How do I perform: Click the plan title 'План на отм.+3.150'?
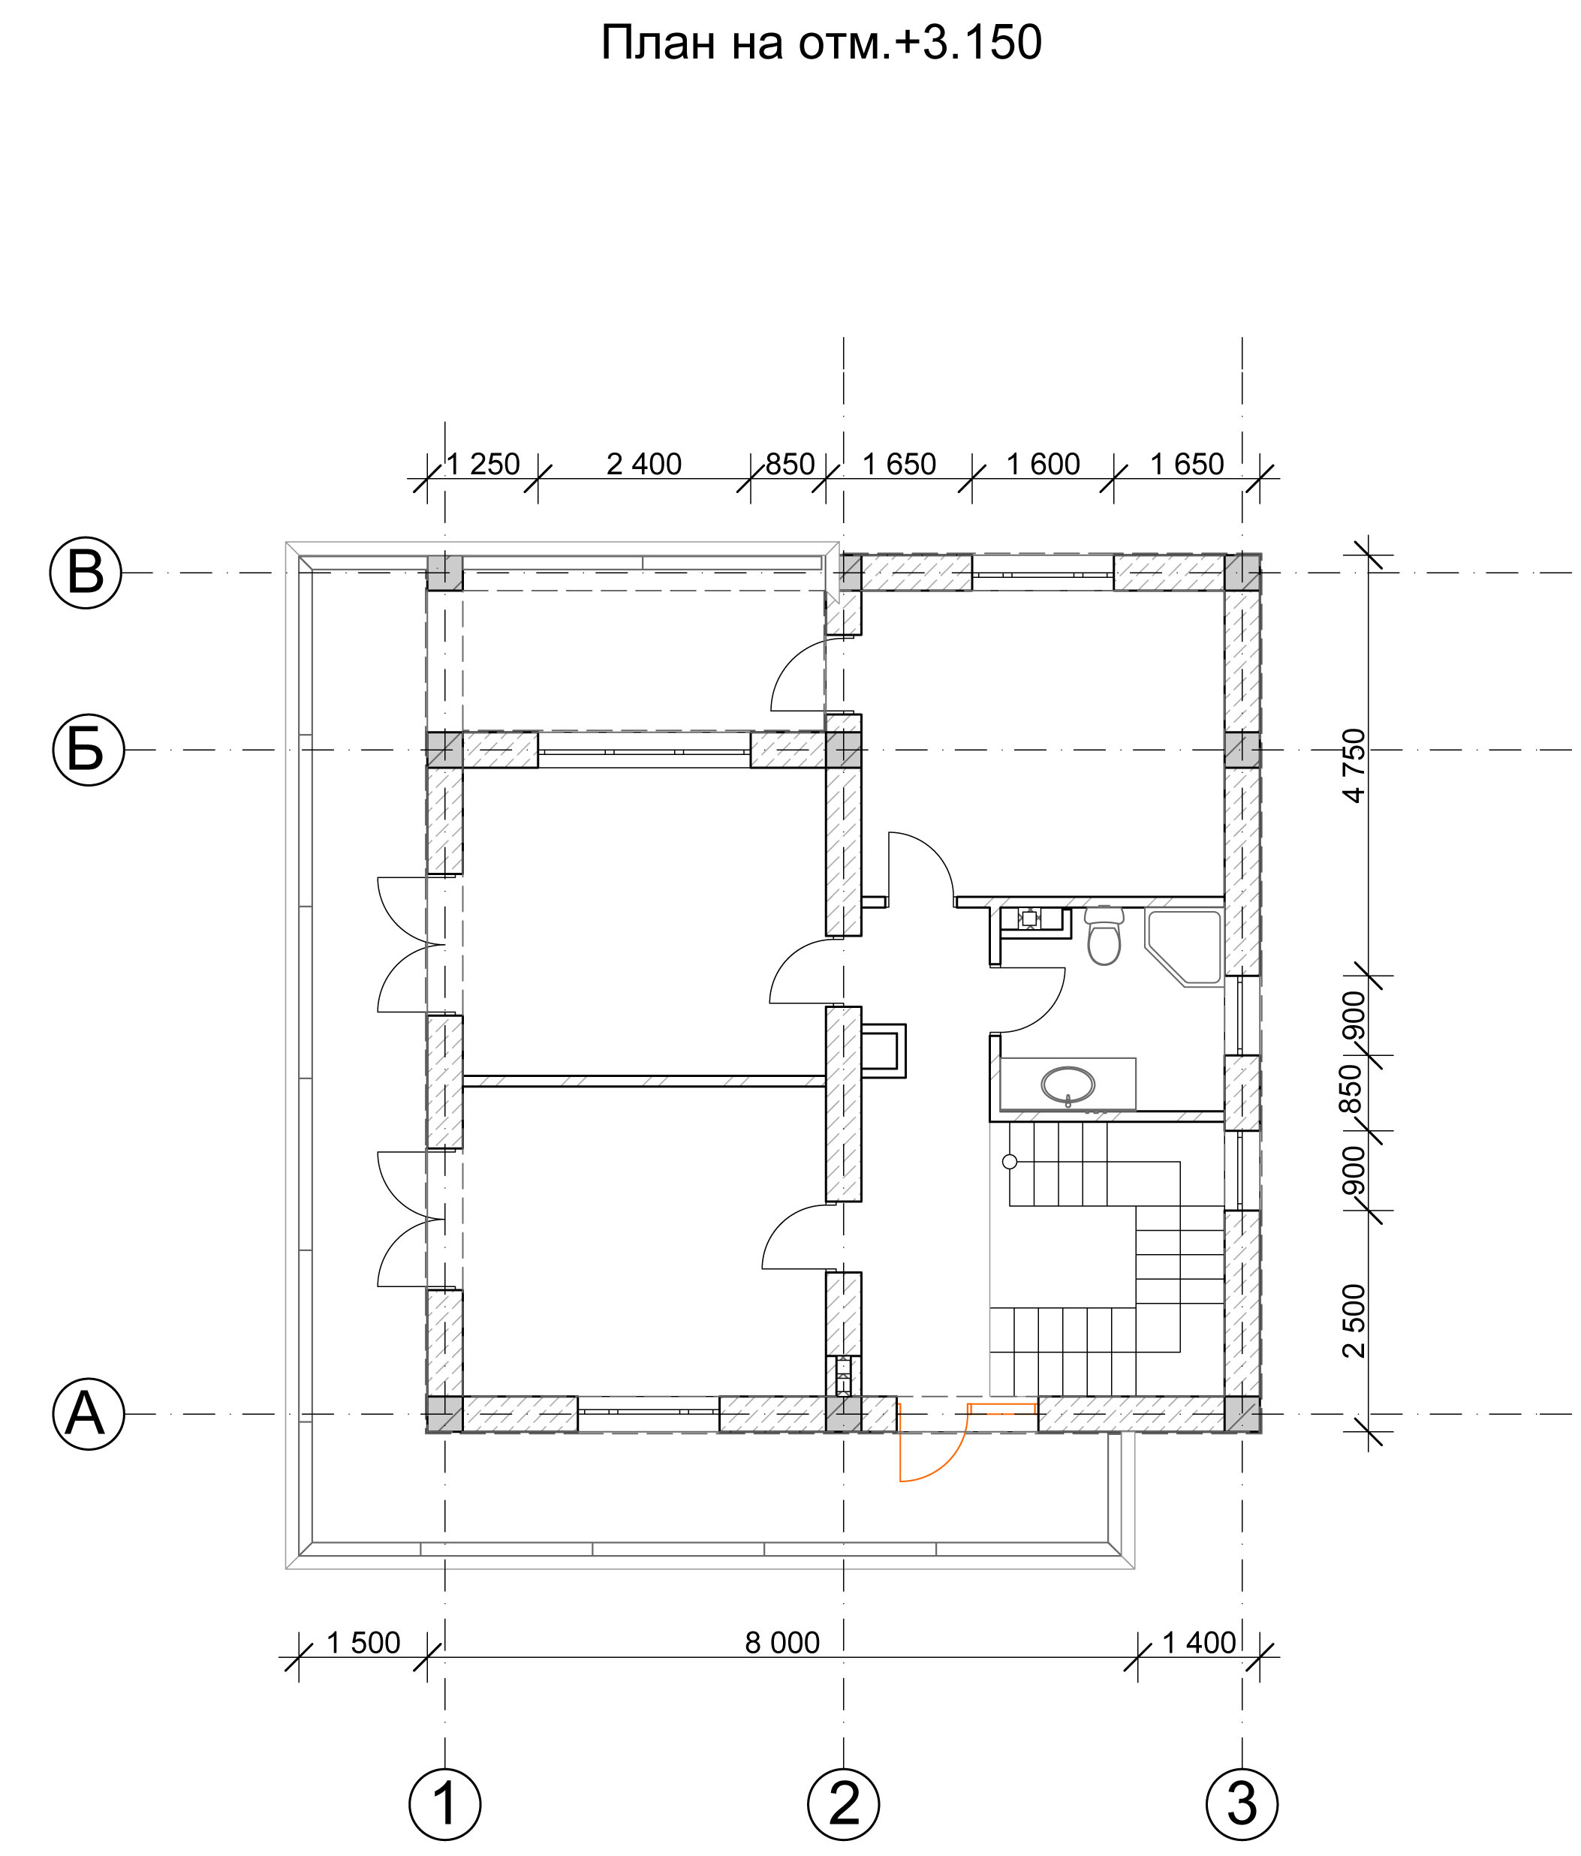coord(820,43)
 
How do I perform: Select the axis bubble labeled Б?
coord(88,750)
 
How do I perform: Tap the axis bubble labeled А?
coord(89,1415)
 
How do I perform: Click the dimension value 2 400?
coord(644,464)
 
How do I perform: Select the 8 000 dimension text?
coord(782,1643)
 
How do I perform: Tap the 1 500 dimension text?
coord(363,1643)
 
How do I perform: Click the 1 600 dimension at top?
coord(1043,464)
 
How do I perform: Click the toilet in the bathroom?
coord(1104,935)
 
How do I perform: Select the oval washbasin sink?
coord(1068,1084)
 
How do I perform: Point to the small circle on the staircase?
coord(1010,1162)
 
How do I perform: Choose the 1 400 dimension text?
coord(1199,1643)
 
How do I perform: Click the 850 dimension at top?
coord(790,464)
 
